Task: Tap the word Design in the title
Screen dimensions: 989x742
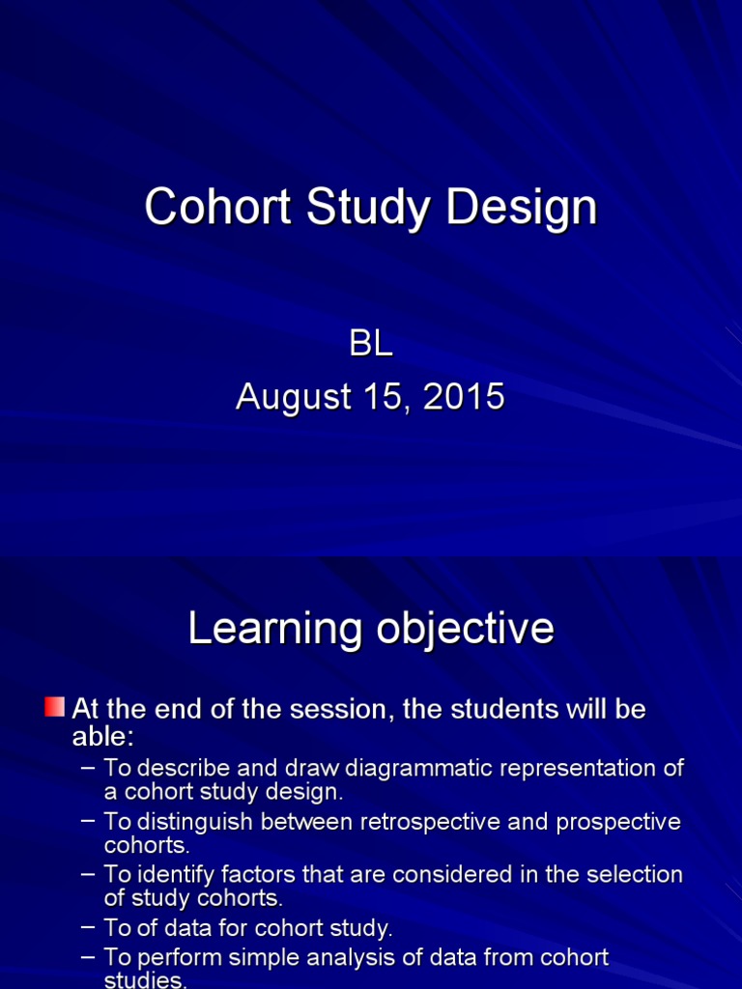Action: click(x=521, y=208)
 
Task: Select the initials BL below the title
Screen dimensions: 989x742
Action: click(x=371, y=345)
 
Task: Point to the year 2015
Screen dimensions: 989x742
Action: click(x=463, y=397)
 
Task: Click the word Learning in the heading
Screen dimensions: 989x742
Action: click(x=273, y=629)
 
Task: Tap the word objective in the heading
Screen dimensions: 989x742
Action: click(x=463, y=629)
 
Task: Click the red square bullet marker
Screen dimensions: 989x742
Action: click(x=55, y=707)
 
